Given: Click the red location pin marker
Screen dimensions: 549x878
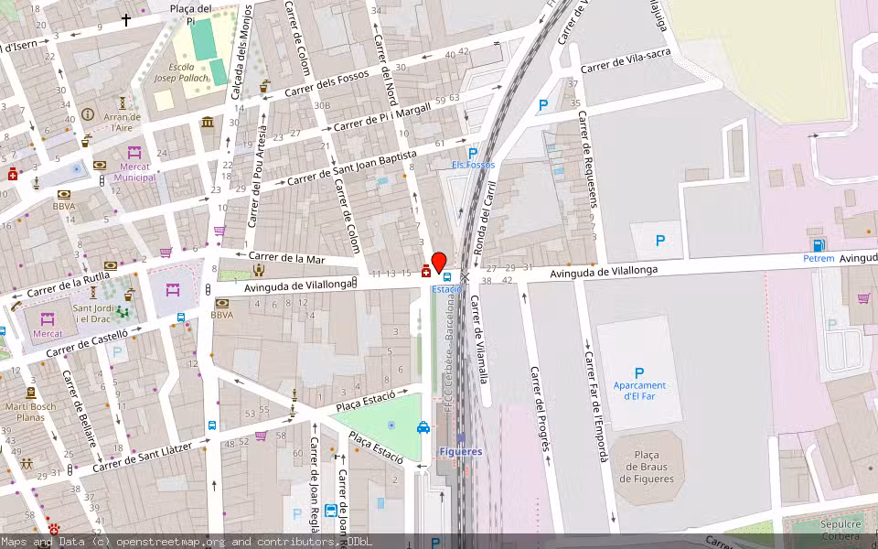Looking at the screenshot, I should (x=438, y=262).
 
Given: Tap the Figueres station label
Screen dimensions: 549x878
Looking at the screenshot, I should (x=460, y=451).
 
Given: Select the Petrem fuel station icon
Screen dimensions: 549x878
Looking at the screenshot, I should (x=819, y=244).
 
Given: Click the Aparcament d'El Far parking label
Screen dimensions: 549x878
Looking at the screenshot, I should (x=638, y=391).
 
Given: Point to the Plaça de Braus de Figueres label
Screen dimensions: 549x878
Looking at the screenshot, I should (x=648, y=467).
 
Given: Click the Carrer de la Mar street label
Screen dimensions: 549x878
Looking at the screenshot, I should (x=286, y=258).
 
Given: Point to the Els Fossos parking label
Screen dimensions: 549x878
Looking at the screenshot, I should (x=473, y=165).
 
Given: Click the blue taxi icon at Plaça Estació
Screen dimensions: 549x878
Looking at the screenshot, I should (x=423, y=427).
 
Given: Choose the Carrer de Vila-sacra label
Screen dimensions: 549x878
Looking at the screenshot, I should (x=626, y=63).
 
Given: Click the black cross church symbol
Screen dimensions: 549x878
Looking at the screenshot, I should (x=126, y=19).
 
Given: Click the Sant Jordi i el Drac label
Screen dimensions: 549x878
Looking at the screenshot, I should (x=93, y=314).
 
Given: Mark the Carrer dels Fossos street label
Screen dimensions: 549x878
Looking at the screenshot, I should (x=327, y=85).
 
